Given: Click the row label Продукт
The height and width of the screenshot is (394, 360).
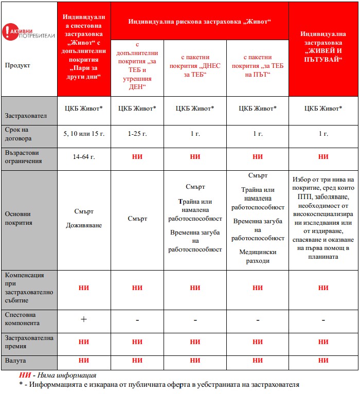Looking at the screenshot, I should [17, 65].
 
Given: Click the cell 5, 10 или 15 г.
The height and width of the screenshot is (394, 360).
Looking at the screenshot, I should [84, 134].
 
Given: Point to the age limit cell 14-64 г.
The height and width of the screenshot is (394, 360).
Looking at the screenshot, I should [84, 156].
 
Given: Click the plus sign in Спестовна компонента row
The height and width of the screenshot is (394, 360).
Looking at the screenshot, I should [84, 319].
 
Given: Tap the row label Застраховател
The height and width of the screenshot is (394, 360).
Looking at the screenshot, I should [26, 116].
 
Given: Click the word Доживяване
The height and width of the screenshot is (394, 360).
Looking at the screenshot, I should [84, 225].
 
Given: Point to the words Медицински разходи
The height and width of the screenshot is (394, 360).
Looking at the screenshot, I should [258, 256].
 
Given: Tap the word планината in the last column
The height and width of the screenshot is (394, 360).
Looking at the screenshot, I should [323, 256].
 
